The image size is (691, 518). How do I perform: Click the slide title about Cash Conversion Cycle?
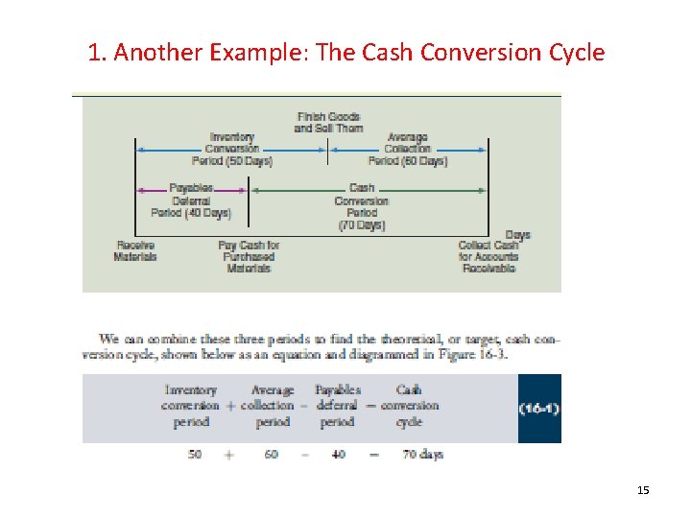[345, 52]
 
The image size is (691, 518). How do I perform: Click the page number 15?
[643, 491]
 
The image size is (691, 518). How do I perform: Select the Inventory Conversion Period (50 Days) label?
[231, 150]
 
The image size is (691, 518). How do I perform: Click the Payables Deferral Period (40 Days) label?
[190, 200]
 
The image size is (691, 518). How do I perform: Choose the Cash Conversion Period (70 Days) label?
[361, 206]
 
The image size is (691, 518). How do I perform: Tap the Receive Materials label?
[135, 251]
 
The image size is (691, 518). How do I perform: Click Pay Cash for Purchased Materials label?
[248, 257]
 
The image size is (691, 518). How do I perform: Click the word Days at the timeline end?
[517, 235]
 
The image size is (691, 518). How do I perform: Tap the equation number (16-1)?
[539, 409]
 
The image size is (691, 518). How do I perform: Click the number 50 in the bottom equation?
[195, 455]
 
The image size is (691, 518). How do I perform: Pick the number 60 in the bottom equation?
[271, 455]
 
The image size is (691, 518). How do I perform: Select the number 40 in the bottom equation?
[338, 455]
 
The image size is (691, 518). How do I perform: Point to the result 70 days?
[422, 455]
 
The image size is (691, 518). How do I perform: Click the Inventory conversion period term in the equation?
[191, 406]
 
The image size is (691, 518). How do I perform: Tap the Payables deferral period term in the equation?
[338, 406]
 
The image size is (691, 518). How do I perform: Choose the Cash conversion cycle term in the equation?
[409, 406]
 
